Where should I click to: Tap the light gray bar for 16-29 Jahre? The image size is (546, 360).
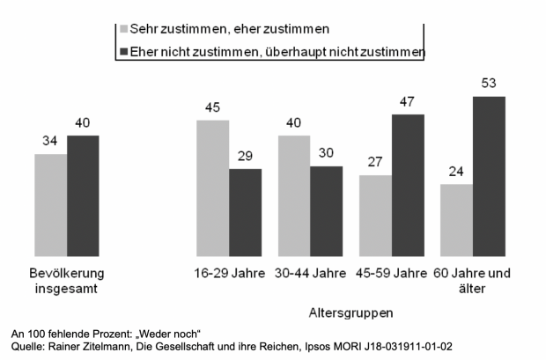click(x=213, y=188)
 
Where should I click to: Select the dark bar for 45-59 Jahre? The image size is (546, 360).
click(x=408, y=186)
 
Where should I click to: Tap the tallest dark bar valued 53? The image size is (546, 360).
click(x=489, y=176)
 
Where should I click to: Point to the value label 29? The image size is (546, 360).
click(x=246, y=158)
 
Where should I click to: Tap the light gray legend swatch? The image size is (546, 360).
click(x=122, y=28)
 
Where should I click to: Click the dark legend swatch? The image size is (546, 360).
click(x=122, y=52)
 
